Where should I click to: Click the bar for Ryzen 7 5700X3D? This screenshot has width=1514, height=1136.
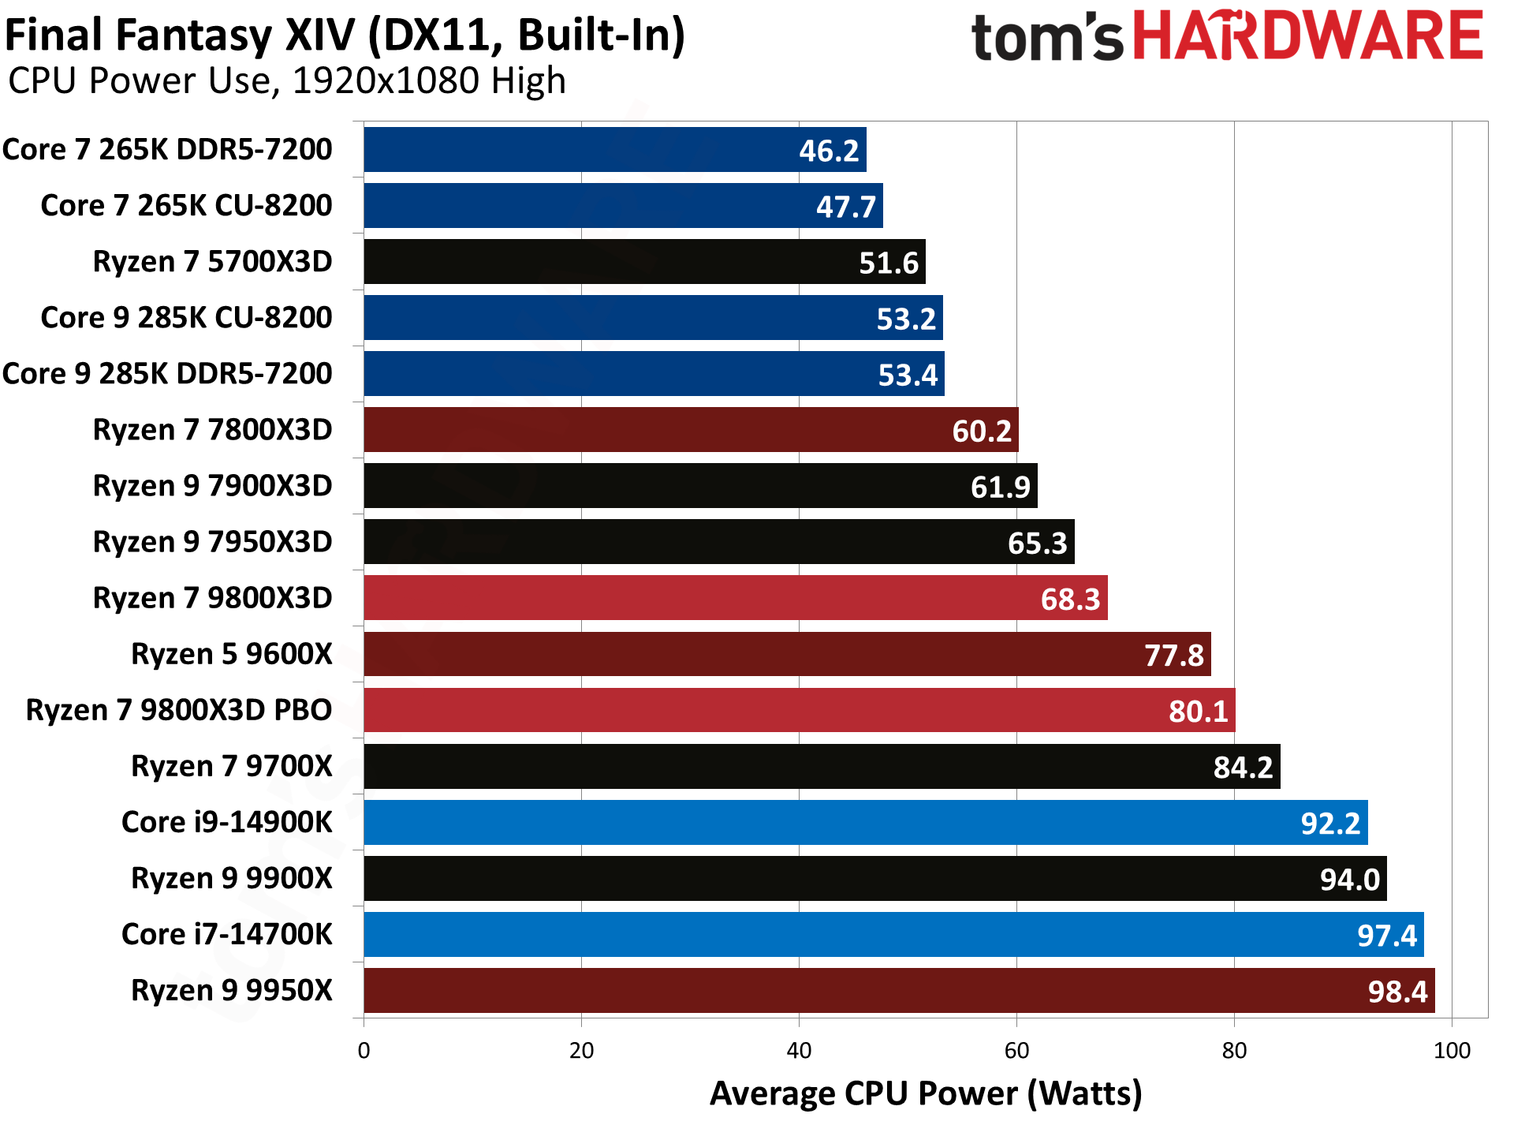click(644, 262)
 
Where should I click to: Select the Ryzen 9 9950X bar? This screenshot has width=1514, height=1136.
click(899, 991)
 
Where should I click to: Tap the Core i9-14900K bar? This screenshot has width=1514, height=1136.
click(865, 823)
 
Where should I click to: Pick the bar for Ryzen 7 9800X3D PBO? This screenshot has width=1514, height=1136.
click(799, 711)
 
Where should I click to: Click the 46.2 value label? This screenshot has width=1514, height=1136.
click(828, 151)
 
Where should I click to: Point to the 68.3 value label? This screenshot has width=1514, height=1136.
click(1070, 600)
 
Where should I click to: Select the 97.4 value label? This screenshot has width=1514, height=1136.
click(1386, 936)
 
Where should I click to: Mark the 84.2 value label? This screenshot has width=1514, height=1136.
click(1243, 768)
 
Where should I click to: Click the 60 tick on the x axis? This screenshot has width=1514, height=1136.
click(1016, 1051)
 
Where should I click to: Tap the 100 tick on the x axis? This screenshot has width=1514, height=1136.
click(1452, 1051)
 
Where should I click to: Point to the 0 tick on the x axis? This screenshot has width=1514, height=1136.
click(364, 1051)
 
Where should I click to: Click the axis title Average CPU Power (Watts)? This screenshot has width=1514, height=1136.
click(926, 1094)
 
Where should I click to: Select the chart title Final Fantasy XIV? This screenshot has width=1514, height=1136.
click(345, 35)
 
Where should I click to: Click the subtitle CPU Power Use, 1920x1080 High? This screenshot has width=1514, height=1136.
click(287, 80)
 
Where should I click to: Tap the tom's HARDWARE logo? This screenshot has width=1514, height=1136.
click(1227, 36)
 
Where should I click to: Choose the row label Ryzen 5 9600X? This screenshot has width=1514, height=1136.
click(232, 655)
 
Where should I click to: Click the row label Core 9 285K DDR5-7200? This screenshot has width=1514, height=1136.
click(167, 374)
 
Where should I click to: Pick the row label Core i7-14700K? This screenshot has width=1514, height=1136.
click(227, 935)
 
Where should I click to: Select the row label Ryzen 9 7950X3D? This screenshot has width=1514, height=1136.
click(213, 543)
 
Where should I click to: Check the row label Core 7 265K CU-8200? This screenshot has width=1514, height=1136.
click(186, 206)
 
